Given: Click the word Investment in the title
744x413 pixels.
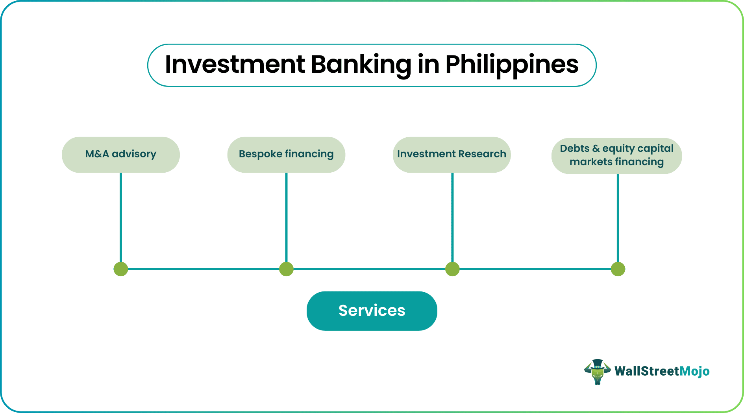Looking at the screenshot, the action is pyautogui.click(x=235, y=64).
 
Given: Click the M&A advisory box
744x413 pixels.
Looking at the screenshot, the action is pyautogui.click(x=121, y=155).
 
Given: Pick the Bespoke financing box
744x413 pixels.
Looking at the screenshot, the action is pyautogui.click(x=286, y=155).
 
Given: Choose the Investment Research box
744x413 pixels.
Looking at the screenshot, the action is pyautogui.click(x=452, y=155).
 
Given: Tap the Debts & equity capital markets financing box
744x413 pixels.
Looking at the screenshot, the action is pyautogui.click(x=617, y=156).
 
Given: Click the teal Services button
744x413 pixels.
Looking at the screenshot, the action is pyautogui.click(x=372, y=311).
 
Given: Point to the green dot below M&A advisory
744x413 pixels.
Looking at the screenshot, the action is pyautogui.click(x=121, y=269).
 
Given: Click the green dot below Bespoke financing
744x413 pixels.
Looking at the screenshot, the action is pyautogui.click(x=286, y=269).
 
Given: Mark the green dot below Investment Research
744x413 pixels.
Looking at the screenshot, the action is pyautogui.click(x=452, y=269).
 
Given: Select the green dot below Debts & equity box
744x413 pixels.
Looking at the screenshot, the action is pyautogui.click(x=618, y=269).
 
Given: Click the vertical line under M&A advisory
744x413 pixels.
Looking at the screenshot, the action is pyautogui.click(x=121, y=217).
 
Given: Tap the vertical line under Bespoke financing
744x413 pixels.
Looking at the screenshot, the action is pyautogui.click(x=286, y=217).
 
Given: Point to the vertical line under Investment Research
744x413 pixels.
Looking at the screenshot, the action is pyautogui.click(x=452, y=217).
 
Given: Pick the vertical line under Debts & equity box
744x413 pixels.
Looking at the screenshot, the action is pyautogui.click(x=618, y=218).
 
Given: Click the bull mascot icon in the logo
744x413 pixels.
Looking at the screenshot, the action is pyautogui.click(x=597, y=372).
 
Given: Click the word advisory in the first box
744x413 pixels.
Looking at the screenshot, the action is pyautogui.click(x=134, y=154).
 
